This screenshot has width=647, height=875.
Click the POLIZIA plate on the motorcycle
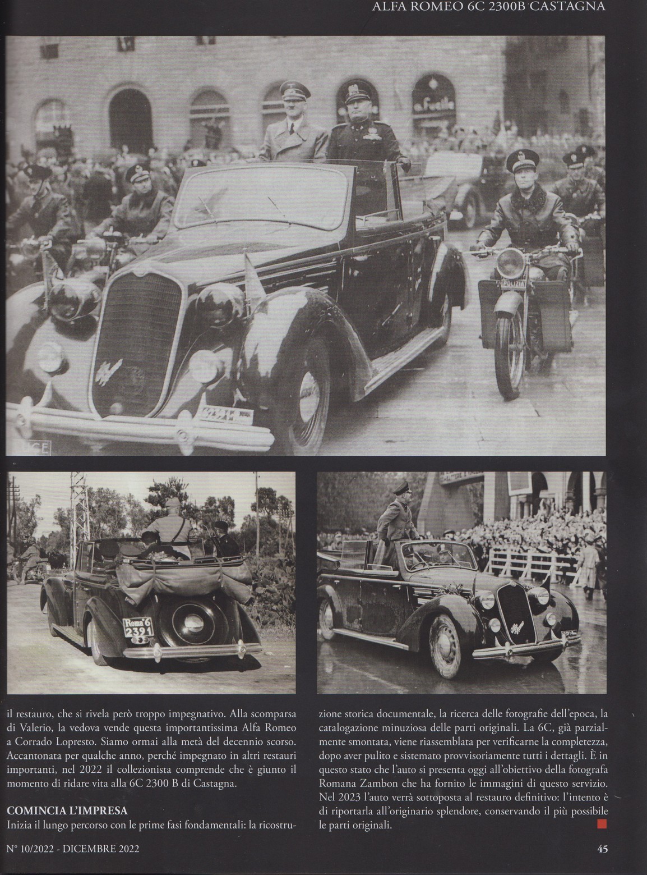click(511, 285)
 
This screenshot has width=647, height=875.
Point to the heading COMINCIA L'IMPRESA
click(67, 810)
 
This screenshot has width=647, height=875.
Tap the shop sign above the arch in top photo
click(432, 107)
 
